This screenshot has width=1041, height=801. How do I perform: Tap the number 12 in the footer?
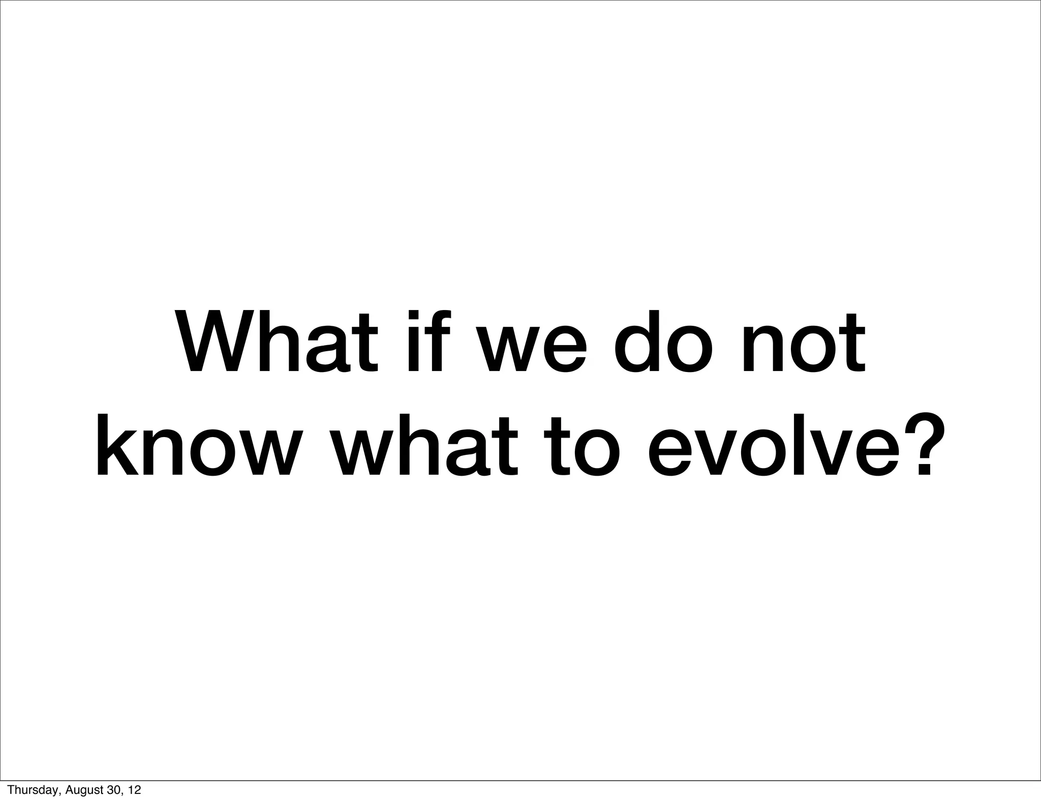coord(134,790)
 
